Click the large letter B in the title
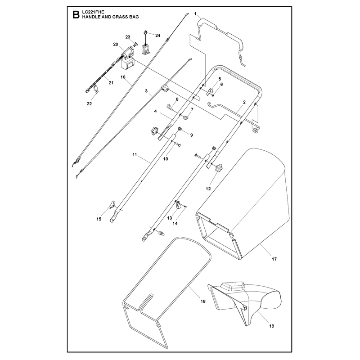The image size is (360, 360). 76,15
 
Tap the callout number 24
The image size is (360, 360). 157,36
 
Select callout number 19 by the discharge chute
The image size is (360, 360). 272,326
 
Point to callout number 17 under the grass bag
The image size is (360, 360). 274,259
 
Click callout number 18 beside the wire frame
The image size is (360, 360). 203,301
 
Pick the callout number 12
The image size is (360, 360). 208,189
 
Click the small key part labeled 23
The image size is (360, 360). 135,44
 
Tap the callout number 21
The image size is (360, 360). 111,83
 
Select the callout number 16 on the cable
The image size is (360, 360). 123,77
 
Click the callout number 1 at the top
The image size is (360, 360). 195,14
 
